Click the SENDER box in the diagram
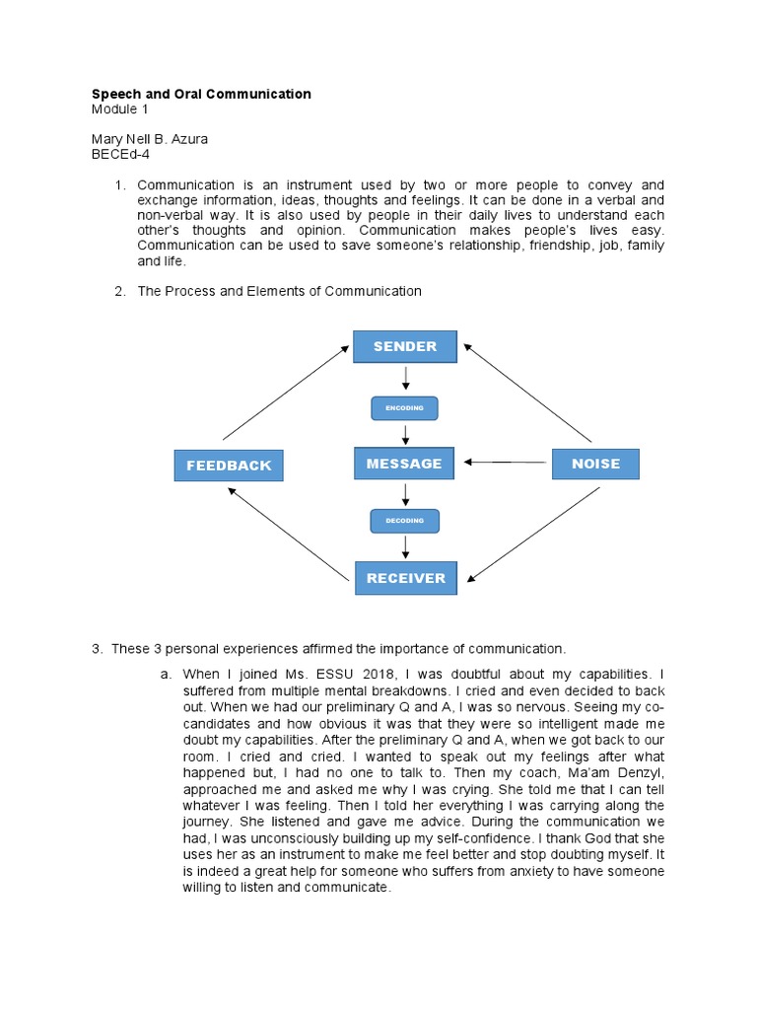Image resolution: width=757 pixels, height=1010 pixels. [405, 346]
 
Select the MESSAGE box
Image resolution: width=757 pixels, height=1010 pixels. [404, 464]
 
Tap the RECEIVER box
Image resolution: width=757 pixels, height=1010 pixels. [406, 578]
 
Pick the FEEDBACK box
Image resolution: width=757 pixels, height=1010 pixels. [229, 466]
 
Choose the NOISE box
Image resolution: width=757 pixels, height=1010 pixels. [595, 464]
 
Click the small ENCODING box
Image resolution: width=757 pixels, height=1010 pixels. [404, 407]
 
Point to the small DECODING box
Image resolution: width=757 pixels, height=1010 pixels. [404, 521]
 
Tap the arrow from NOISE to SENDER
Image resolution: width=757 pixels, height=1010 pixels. [527, 393]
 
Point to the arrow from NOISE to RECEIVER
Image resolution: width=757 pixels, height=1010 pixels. [532, 534]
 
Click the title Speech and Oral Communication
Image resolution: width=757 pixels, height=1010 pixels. [200, 94]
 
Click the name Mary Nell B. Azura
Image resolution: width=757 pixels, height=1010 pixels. [149, 139]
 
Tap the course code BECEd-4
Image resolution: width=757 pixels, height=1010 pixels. [120, 154]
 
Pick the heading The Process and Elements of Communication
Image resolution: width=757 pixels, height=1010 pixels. [279, 291]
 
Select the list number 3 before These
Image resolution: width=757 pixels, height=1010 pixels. [96, 649]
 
